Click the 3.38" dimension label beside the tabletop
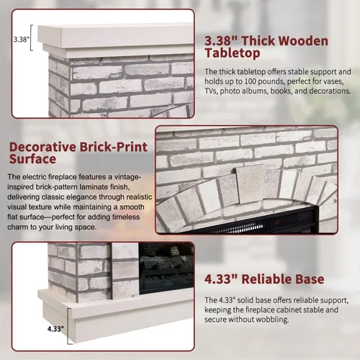click(21, 40)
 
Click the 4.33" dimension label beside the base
click(55, 329)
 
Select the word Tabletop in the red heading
click(233, 53)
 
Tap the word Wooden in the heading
click(284, 41)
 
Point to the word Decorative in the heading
click(42, 147)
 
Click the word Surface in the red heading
click(32, 159)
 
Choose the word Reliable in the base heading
click(266, 279)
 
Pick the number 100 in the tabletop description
click(251, 81)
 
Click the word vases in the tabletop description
click(333, 82)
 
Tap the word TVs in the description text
click(211, 91)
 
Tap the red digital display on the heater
click(277, 222)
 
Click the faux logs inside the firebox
click(166, 261)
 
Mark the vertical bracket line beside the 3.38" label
click(31, 37)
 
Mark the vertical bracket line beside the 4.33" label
click(68, 326)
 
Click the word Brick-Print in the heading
click(114, 147)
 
